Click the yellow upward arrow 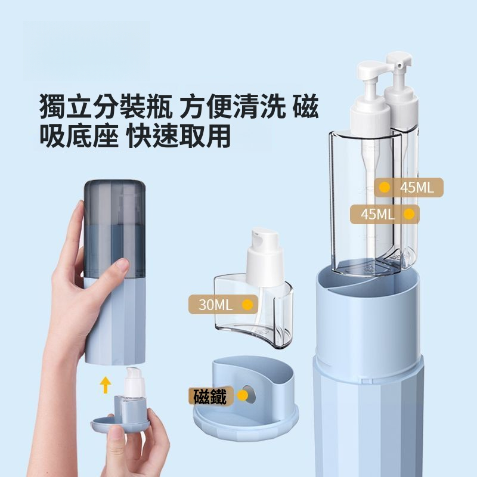106,385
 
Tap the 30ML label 223,305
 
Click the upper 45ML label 408,188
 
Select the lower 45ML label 385,215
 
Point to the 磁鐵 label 210,396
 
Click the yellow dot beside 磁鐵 243,395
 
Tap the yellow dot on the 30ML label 247,305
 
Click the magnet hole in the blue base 250,395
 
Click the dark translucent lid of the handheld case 114,228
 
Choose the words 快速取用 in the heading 179,136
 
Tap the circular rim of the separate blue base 246,425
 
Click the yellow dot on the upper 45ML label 385,187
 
